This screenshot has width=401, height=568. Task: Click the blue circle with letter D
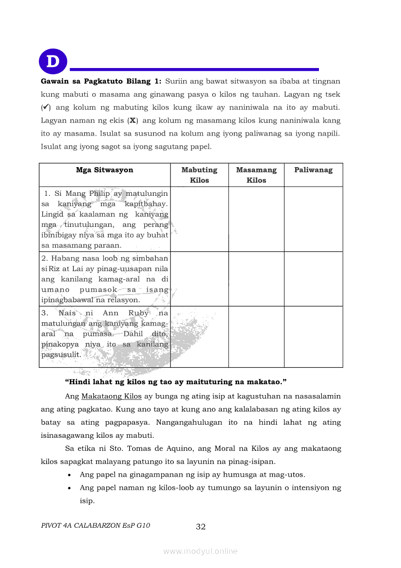point(53,62)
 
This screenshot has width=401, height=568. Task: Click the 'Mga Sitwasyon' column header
point(104,170)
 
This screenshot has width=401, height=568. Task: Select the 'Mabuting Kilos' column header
point(199,175)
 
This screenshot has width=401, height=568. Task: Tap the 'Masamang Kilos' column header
point(256,175)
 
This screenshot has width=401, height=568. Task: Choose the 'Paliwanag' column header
point(313,170)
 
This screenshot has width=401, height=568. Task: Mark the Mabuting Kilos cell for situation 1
point(199,219)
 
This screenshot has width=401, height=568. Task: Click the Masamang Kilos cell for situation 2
point(256,278)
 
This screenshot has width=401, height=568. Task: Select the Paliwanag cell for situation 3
point(313,336)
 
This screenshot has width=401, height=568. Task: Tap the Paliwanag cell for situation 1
point(313,219)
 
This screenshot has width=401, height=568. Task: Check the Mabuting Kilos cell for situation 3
point(199,336)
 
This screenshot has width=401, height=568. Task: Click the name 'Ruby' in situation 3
point(139,313)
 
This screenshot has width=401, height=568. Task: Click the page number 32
point(200,527)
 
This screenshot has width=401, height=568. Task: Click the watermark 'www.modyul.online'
point(200,551)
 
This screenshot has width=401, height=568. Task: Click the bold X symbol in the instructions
point(131,120)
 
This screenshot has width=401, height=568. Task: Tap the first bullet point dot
point(71,475)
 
